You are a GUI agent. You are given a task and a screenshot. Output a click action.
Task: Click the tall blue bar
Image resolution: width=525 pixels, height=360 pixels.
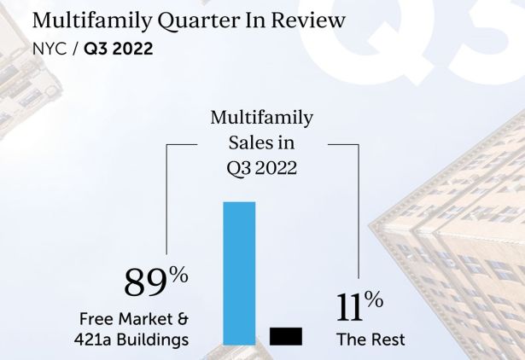point(239,273)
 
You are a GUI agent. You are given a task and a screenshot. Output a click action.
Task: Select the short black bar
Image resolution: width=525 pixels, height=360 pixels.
point(286,336)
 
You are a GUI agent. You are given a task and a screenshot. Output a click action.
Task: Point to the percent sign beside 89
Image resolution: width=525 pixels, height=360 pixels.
point(178,275)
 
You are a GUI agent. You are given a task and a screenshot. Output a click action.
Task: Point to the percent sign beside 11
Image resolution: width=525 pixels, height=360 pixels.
point(372,299)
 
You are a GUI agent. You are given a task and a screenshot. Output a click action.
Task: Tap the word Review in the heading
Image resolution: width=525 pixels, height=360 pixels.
point(312,19)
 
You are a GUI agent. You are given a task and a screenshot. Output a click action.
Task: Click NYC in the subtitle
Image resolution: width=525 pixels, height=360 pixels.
point(48,49)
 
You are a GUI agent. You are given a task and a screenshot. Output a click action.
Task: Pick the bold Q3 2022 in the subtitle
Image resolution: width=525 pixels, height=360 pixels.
point(118,49)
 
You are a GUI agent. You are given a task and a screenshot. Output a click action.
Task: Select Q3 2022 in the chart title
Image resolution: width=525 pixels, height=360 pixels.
point(261,168)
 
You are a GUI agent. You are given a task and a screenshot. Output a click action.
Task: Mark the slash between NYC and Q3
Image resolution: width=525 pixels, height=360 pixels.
point(74,49)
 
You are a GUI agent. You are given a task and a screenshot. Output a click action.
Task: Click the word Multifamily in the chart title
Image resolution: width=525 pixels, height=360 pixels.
point(261,117)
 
